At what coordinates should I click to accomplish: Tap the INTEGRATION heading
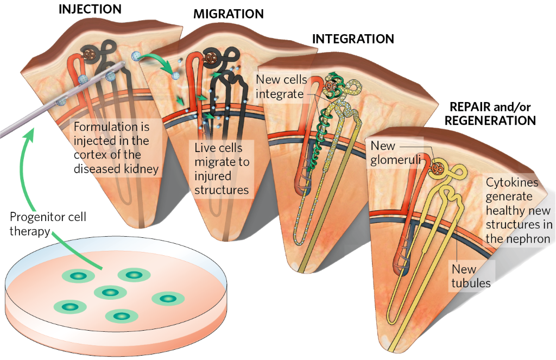353,39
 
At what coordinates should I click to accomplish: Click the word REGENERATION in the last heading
490,120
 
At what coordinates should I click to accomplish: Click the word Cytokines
509,183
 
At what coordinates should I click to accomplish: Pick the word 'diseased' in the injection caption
99,169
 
